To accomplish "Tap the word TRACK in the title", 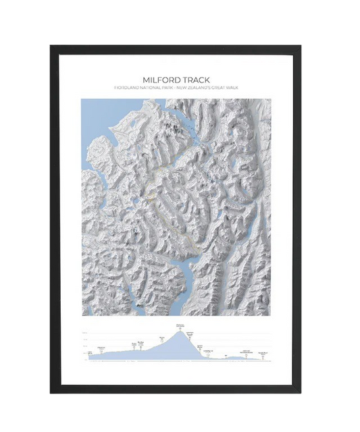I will tap(196, 79).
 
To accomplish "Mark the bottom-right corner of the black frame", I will tap(302, 393).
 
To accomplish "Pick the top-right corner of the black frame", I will tap(302, 45).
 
